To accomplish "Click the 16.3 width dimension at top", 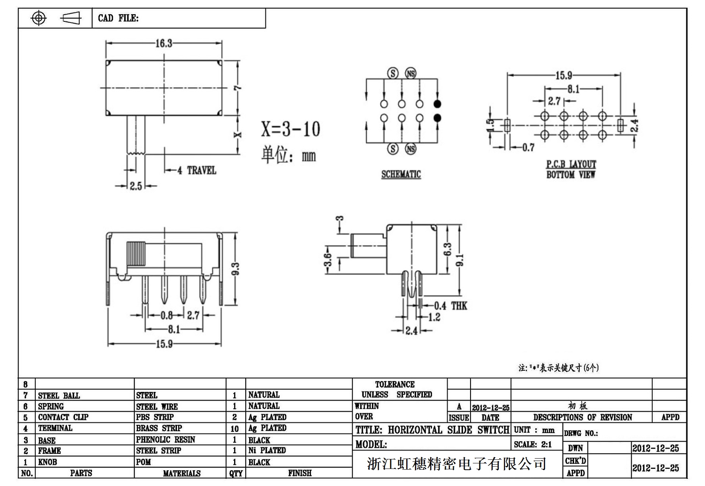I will (x=163, y=43).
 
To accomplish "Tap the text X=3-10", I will (x=290, y=129).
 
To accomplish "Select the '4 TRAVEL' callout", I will (x=197, y=171).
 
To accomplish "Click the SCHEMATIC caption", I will (x=401, y=174).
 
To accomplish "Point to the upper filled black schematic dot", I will (x=437, y=104).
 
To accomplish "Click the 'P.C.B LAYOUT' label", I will (x=571, y=164).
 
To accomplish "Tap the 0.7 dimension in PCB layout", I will (x=528, y=148).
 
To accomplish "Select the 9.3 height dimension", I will (x=235, y=269).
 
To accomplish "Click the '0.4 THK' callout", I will (x=450, y=306).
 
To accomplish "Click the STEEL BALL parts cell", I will (x=59, y=395).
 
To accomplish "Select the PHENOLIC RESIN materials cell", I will (x=165, y=440).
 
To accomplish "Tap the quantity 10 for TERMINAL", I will (x=234, y=429).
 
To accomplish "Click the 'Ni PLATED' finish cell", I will (x=267, y=450).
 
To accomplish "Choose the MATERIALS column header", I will (x=182, y=473).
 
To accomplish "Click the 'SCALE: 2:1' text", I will (x=533, y=445).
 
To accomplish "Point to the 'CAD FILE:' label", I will (x=118, y=18).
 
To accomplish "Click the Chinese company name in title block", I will (x=457, y=463).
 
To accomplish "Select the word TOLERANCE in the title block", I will (x=395, y=384).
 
